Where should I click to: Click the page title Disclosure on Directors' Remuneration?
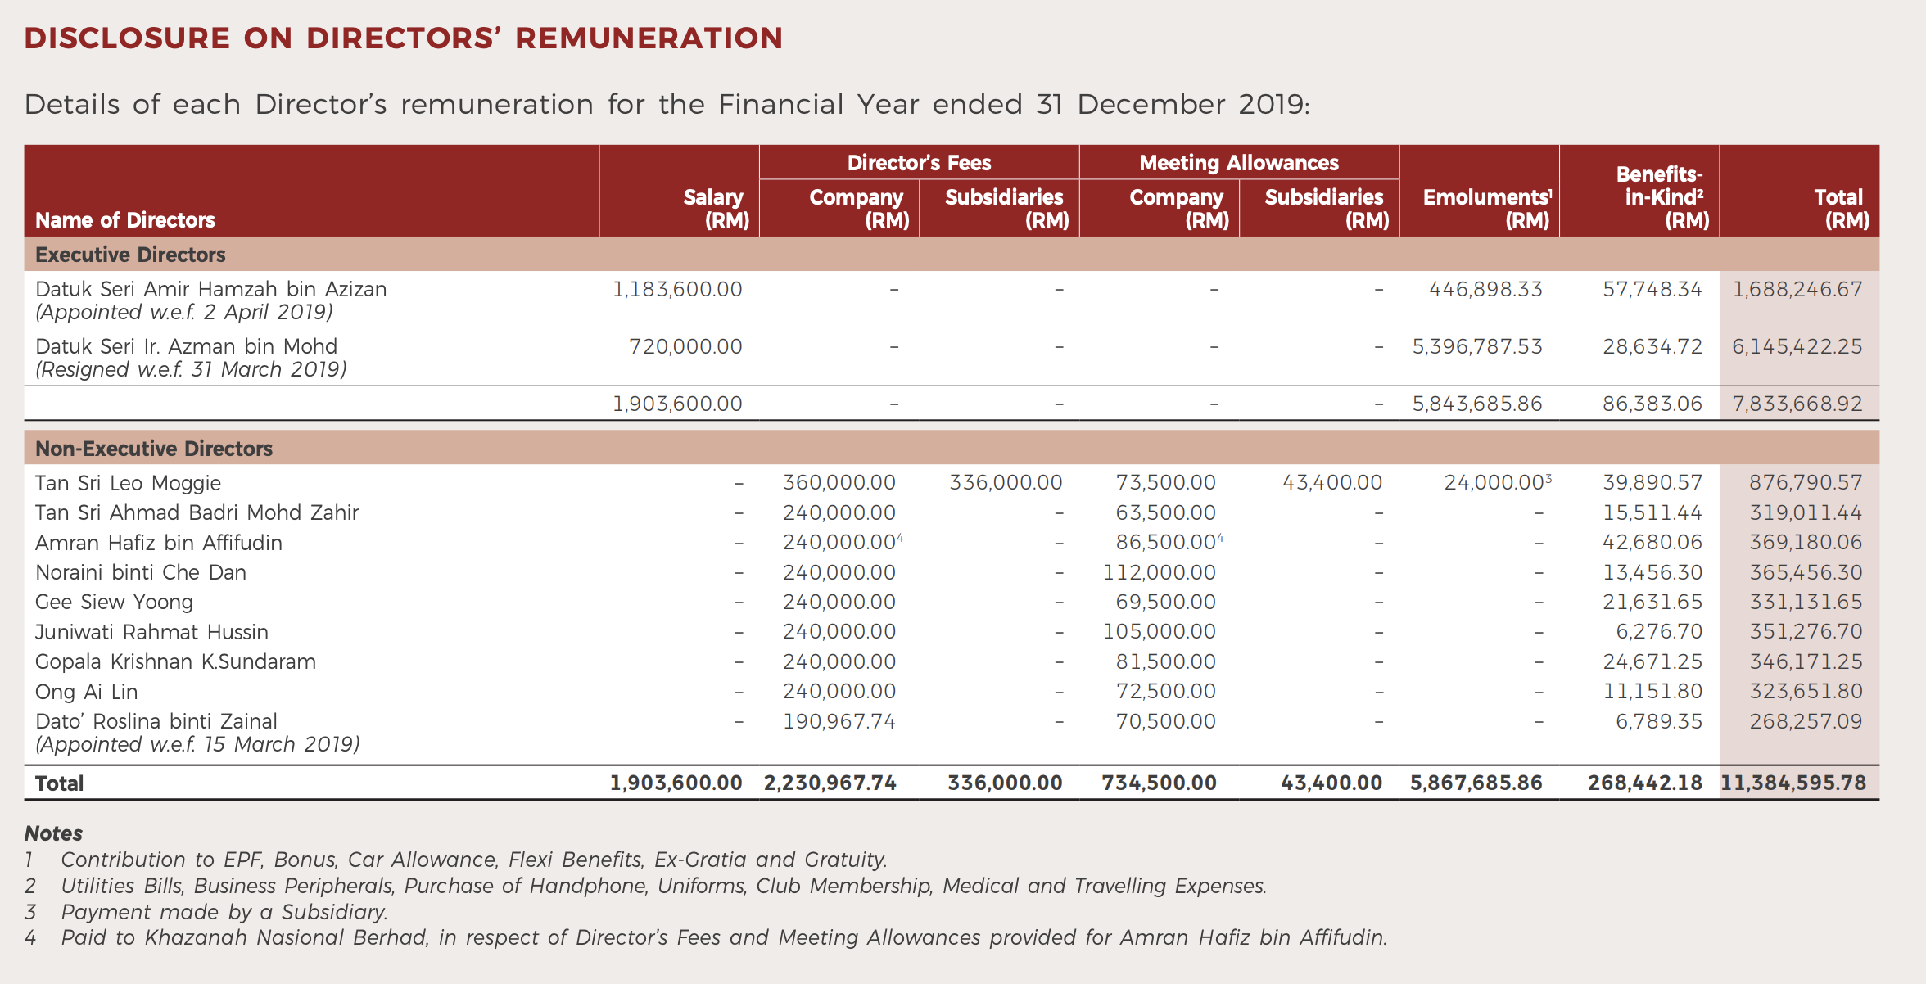[403, 38]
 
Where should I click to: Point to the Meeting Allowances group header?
[1238, 163]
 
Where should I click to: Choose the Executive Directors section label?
[130, 255]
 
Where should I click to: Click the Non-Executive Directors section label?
[154, 449]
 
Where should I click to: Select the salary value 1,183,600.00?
[677, 289]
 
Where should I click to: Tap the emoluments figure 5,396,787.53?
[1476, 346]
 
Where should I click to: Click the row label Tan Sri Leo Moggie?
[128, 483]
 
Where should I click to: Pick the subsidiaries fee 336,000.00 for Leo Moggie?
[1005, 483]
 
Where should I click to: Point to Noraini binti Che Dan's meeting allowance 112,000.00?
[1159, 572]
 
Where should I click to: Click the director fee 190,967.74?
[839, 721]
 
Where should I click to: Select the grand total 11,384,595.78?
[1793, 783]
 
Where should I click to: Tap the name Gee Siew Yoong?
[114, 602]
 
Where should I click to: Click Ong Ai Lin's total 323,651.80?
[1806, 691]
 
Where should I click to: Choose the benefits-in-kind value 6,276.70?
[1658, 631]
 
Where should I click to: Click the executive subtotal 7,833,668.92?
[1797, 404]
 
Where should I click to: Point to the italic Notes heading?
[53, 833]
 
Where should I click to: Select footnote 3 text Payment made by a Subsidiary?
[224, 912]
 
